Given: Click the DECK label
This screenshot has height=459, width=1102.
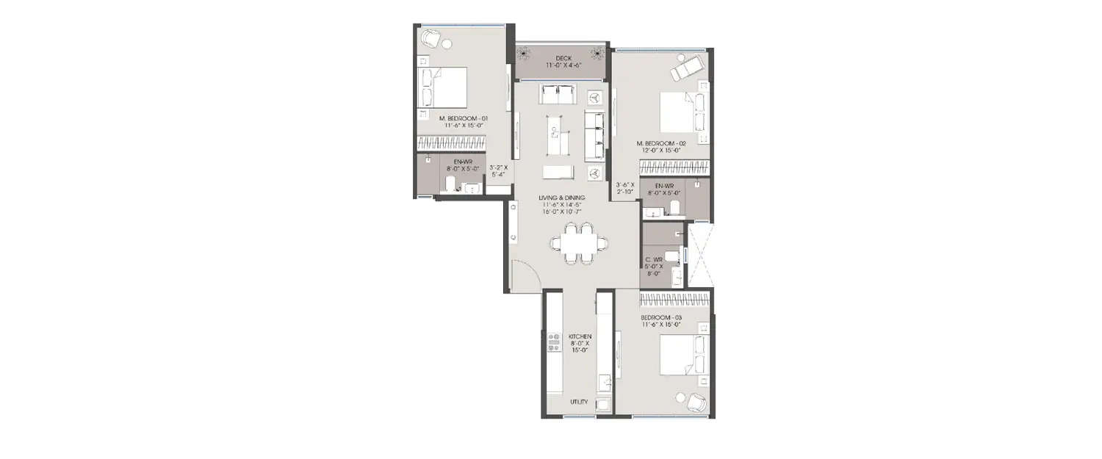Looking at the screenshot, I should click(x=563, y=59).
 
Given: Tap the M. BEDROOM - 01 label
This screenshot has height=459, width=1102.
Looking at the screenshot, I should click(x=464, y=118).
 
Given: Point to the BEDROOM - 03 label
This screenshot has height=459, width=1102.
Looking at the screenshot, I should click(x=661, y=317).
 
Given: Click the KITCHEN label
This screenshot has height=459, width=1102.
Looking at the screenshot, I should click(x=580, y=336).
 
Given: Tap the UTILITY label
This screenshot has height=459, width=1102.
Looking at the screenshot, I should click(x=579, y=402).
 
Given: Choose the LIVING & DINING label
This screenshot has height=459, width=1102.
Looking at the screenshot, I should click(x=562, y=197).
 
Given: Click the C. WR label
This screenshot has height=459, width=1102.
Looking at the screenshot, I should click(x=654, y=259).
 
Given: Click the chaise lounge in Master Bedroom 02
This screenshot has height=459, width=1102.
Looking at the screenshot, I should click(x=688, y=69).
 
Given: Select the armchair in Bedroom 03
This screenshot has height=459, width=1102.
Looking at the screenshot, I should click(x=695, y=402).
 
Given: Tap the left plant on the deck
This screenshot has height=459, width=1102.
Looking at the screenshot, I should click(x=525, y=53).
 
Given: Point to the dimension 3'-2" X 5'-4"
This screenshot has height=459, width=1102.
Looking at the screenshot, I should click(x=498, y=171).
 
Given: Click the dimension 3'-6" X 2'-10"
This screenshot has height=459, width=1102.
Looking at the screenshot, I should click(x=624, y=188).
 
